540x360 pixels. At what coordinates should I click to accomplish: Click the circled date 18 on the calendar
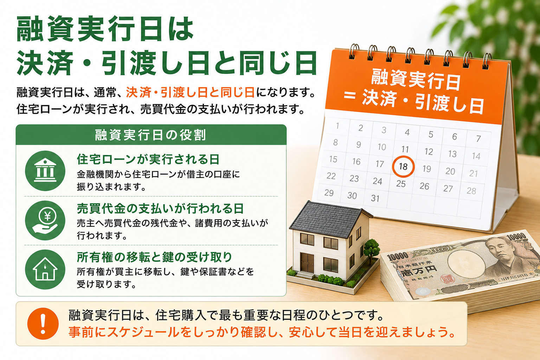(403, 167)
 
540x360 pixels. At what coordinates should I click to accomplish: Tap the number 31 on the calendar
(375, 198)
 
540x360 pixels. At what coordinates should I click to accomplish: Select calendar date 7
(478, 139)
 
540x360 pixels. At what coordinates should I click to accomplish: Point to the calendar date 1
(337, 126)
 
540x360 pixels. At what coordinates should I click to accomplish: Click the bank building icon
(45, 171)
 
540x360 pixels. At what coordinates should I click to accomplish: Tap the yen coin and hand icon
(45, 220)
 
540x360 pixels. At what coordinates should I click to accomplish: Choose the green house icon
(45, 269)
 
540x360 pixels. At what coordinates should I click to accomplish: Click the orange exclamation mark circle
(43, 323)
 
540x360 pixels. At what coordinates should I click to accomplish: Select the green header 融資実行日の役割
(151, 135)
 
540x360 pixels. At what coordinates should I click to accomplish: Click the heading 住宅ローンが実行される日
(148, 159)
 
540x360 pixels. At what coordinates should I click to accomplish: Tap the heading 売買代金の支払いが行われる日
(160, 208)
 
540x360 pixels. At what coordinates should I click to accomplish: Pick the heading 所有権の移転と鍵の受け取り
(154, 257)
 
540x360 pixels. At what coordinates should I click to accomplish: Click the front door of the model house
(307, 263)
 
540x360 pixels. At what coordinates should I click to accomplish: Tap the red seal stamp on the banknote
(448, 279)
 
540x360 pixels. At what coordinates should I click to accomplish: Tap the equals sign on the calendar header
(349, 96)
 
